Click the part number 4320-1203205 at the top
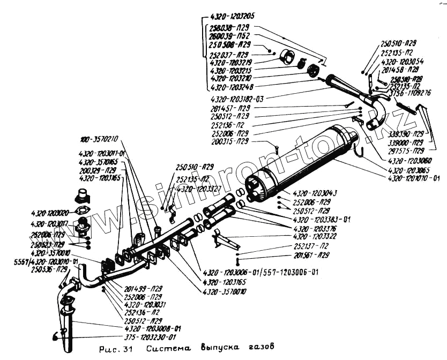(232, 16)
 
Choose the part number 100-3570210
(100, 140)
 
